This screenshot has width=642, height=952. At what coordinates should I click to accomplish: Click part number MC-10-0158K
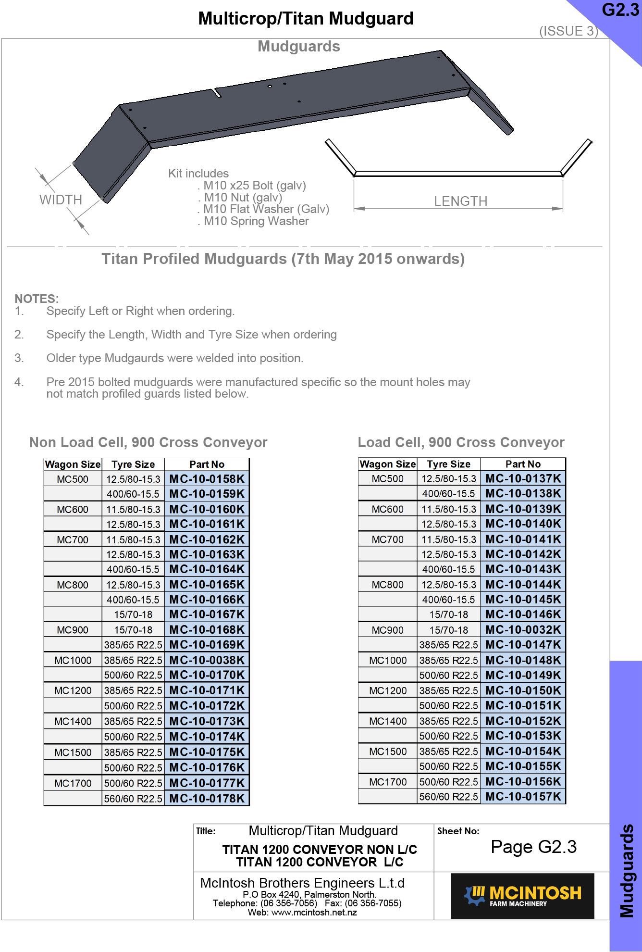(207, 479)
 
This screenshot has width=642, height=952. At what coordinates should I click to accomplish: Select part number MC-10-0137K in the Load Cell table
(523, 478)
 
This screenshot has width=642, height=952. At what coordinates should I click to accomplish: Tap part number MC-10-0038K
(207, 660)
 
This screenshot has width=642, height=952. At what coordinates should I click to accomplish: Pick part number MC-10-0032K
(523, 629)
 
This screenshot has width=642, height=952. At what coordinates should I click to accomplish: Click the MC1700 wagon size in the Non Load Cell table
(73, 783)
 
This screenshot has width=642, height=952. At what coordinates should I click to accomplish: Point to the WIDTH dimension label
(61, 200)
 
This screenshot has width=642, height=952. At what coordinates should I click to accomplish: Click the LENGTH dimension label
(460, 201)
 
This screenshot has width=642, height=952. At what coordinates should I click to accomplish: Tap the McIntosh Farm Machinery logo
(522, 896)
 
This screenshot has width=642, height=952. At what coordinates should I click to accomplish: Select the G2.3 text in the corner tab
(620, 10)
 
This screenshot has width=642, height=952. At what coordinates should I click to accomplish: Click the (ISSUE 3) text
(568, 31)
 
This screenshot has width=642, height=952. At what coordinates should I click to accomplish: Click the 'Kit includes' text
(198, 174)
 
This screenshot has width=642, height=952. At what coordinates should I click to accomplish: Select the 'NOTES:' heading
(37, 299)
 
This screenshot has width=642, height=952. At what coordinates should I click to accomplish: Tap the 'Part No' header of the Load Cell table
(523, 464)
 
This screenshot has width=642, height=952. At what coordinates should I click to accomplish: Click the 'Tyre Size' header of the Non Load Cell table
(133, 464)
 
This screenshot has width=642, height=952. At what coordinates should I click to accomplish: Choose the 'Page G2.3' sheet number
(533, 847)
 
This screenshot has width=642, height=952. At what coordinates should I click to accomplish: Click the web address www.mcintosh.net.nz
(314, 913)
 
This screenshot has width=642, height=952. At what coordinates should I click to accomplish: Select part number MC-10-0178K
(207, 799)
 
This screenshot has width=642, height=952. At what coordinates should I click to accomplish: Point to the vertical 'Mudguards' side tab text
(626, 871)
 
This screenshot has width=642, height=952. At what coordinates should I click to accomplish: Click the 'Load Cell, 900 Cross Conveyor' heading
(461, 442)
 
